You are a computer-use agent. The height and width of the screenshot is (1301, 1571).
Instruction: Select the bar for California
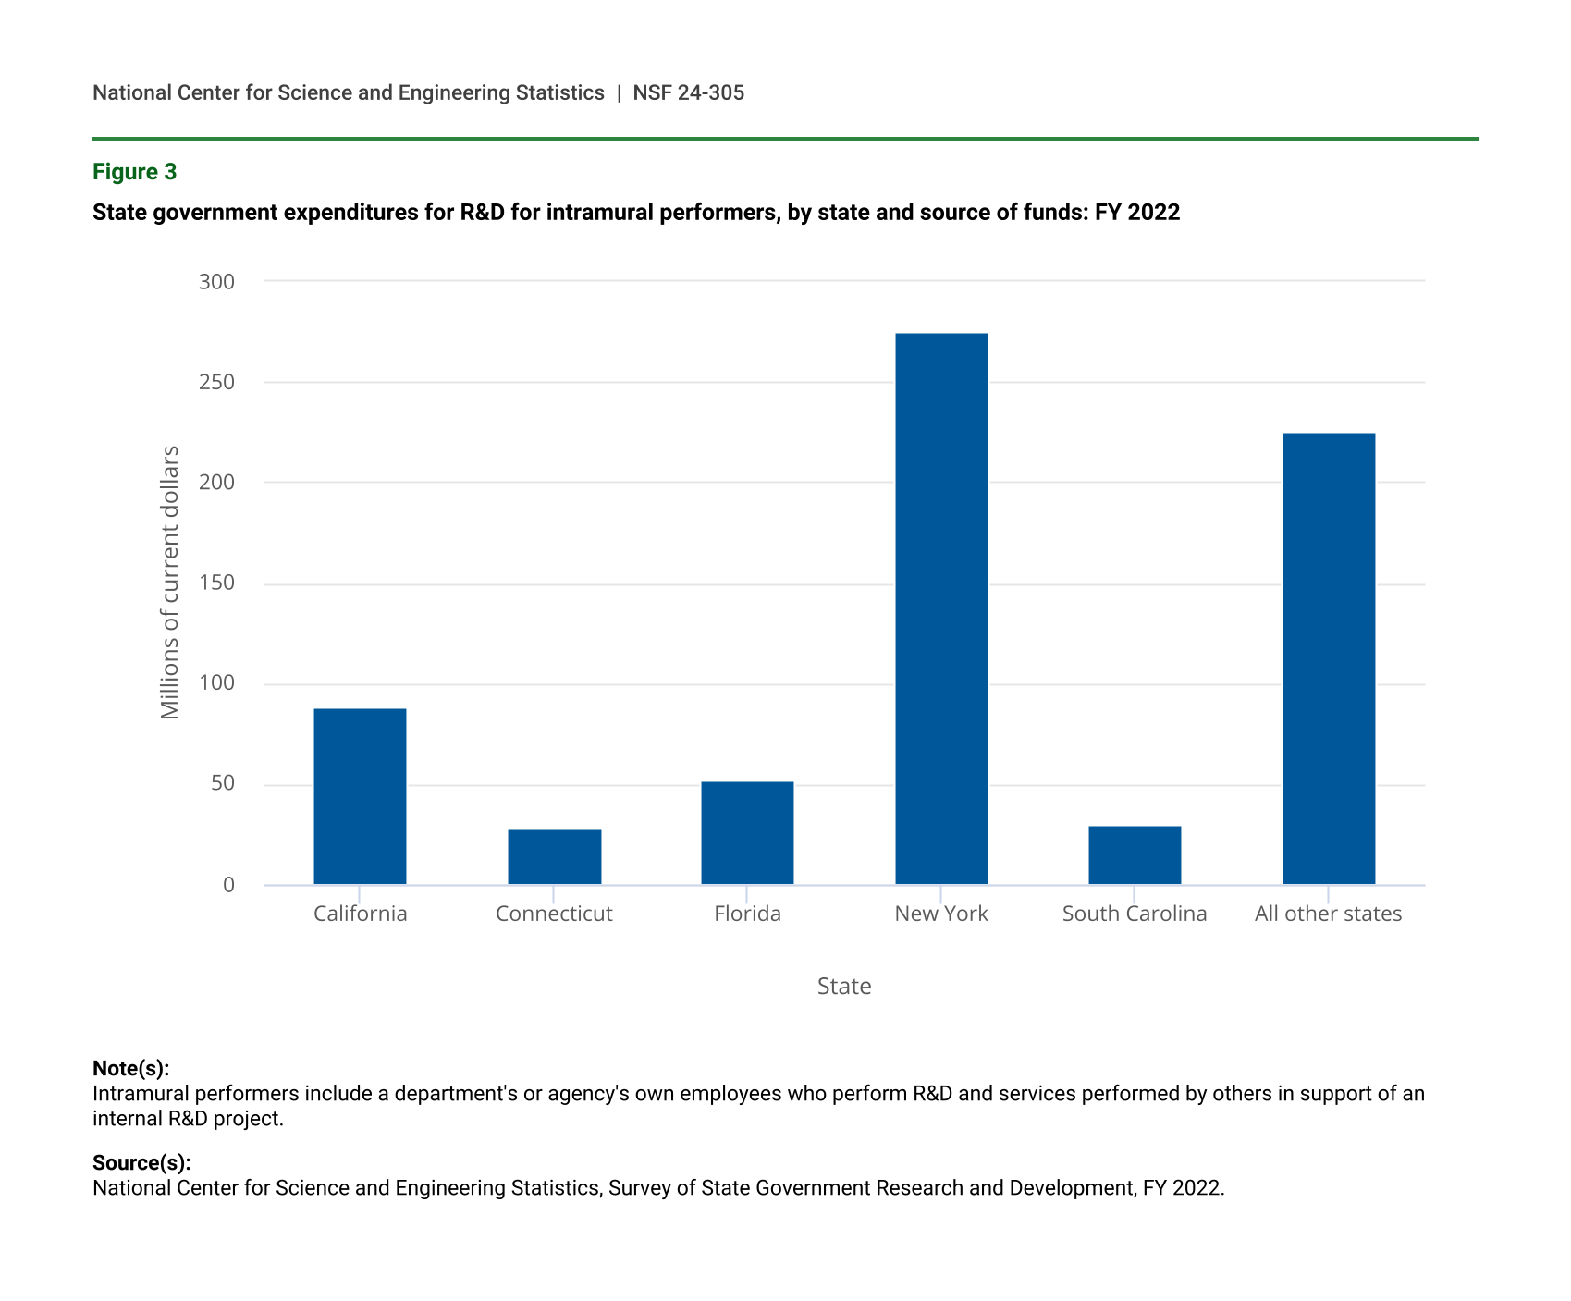(360, 796)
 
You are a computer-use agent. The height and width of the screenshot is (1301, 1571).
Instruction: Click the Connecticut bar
(554, 857)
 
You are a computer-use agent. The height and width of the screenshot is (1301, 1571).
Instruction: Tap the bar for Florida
(747, 833)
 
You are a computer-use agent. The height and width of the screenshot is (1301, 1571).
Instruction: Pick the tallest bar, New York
(941, 608)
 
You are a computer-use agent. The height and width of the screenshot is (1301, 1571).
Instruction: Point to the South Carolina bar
(1135, 855)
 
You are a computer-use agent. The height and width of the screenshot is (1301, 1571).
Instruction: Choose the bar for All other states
(1329, 658)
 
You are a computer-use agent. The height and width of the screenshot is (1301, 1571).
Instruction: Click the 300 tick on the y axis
(217, 281)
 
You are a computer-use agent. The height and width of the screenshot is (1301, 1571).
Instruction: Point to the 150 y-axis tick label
(217, 583)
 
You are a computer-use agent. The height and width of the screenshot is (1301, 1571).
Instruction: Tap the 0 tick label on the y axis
(228, 885)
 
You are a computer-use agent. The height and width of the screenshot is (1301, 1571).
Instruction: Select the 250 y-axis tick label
(217, 382)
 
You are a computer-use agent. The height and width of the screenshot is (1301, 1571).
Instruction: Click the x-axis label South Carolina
(1135, 914)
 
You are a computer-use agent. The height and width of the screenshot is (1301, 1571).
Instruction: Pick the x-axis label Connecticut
(554, 914)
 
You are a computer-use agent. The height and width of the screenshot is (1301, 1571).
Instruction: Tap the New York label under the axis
(941, 914)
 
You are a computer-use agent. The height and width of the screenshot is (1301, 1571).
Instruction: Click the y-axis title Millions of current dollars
(170, 583)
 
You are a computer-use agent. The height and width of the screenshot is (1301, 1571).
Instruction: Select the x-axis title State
(844, 986)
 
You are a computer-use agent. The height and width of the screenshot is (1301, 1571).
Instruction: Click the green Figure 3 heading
(135, 172)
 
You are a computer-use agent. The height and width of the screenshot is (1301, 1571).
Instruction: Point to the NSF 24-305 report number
(688, 92)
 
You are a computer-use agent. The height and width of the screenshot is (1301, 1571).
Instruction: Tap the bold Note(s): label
(131, 1068)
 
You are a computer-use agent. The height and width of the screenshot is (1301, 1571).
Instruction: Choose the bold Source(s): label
(141, 1162)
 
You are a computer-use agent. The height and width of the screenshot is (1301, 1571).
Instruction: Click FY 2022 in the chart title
(1137, 213)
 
